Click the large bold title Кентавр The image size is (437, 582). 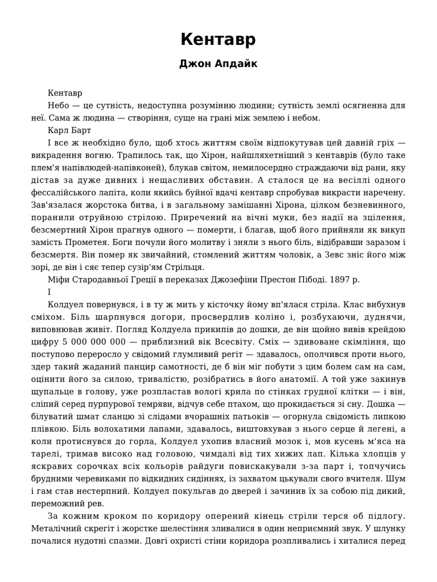(218, 40)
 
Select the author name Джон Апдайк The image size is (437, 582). (218, 64)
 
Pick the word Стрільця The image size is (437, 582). (185, 267)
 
